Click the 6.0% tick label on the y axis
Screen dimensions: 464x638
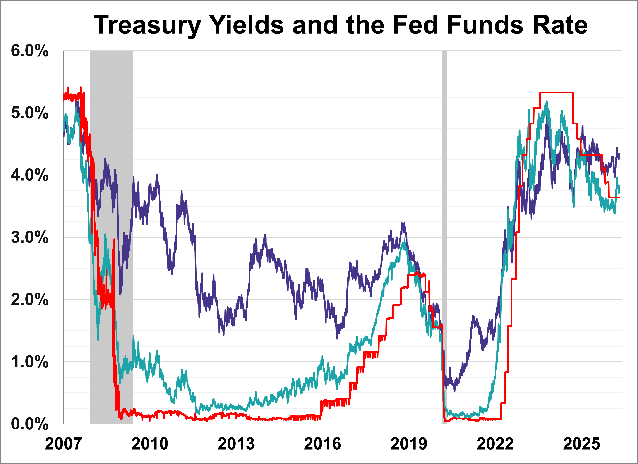(30, 52)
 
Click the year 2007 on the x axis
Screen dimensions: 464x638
(63, 444)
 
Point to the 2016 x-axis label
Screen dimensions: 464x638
(322, 444)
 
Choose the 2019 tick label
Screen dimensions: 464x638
(409, 444)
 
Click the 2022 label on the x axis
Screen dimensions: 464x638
(495, 444)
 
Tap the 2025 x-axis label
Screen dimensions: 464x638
(582, 444)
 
